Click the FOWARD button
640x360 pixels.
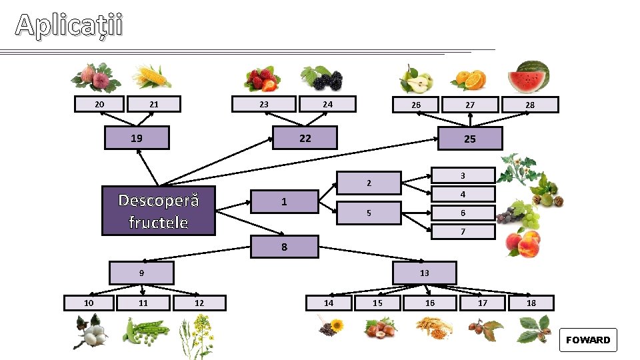(588, 340)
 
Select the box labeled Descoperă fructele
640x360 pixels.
(158, 211)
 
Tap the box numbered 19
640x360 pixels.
(137, 139)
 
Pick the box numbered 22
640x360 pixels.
(305, 138)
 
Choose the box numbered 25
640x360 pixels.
(470, 139)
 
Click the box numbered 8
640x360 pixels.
(284, 247)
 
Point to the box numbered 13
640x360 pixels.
(425, 273)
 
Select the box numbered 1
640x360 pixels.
(284, 201)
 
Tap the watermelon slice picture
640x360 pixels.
(529, 77)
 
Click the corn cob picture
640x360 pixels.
(151, 77)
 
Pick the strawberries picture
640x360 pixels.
(261, 79)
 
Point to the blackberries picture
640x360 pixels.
(322, 79)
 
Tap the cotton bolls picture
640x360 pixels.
(90, 331)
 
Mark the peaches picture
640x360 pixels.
(523, 243)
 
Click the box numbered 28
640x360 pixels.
(530, 105)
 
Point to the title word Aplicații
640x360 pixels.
(69, 25)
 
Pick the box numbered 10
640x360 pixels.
(89, 303)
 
